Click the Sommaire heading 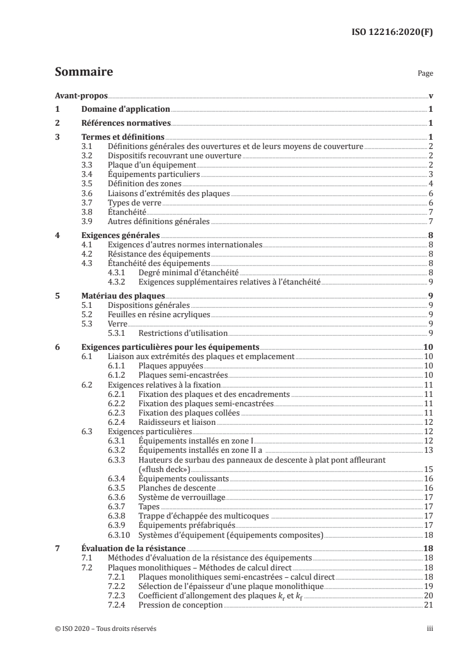(x=84, y=73)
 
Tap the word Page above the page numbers (x=425, y=74)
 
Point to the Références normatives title (x=125, y=123)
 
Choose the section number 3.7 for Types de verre (x=87, y=202)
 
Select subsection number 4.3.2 (x=119, y=282)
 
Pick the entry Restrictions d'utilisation (x=183, y=333)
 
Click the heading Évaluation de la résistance (x=133, y=548)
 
